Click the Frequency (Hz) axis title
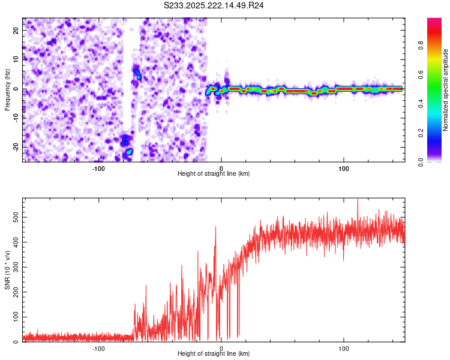pos(7,89)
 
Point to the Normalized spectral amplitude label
pos(446,90)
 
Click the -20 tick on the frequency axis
pos(15,147)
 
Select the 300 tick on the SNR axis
pos(14,268)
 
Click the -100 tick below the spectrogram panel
pos(98,168)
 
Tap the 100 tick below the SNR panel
pos(344,348)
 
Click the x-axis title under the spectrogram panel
pos(214,174)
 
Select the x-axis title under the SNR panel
pos(214,354)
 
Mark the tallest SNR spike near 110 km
pos(358,200)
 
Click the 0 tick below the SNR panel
pos(221,348)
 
